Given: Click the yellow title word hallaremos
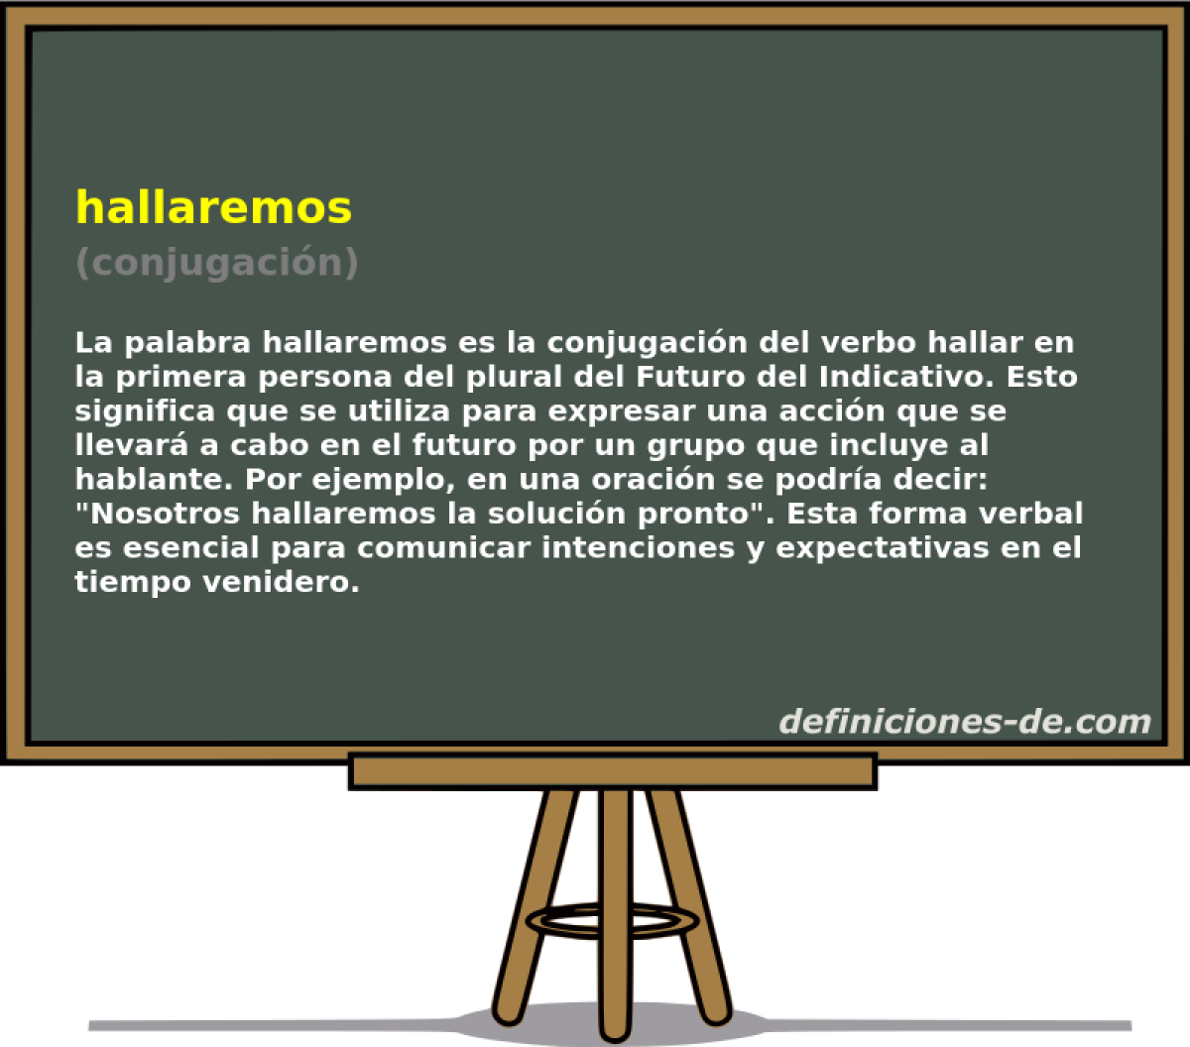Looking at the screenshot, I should (x=213, y=207).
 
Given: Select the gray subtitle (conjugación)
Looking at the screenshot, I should (x=216, y=262).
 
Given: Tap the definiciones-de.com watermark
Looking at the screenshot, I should (x=964, y=721).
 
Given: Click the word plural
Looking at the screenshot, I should (x=476, y=378).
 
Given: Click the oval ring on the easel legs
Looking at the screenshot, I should (x=615, y=919).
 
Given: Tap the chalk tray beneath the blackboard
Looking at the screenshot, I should (x=612, y=771).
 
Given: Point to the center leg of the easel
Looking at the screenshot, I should (x=615, y=892).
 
